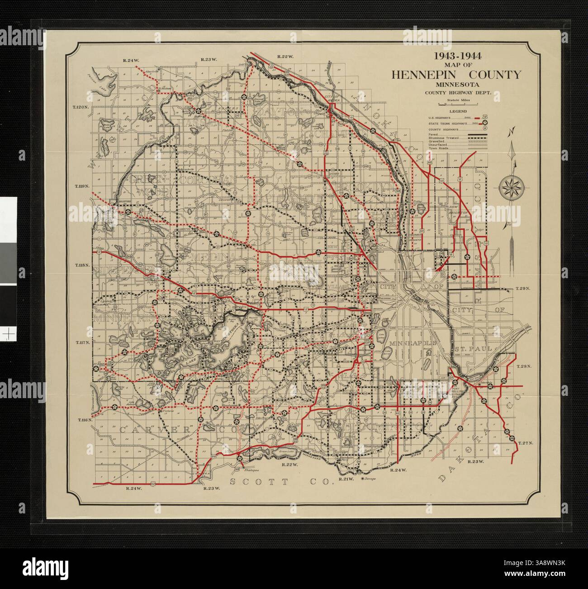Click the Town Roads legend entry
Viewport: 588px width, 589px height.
pos(439,149)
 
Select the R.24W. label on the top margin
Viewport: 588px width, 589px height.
pos(136,60)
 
